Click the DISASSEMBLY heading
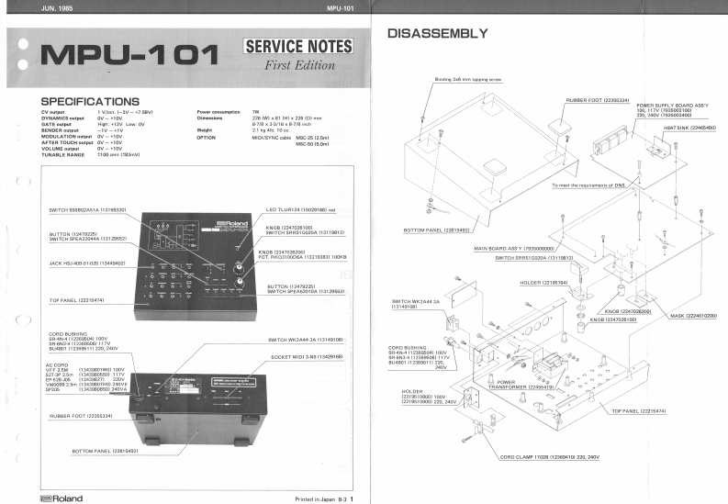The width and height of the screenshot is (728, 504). pyautogui.click(x=437, y=34)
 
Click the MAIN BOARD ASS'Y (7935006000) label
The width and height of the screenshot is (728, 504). pyautogui.click(x=513, y=249)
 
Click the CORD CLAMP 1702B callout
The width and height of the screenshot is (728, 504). pyautogui.click(x=549, y=456)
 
